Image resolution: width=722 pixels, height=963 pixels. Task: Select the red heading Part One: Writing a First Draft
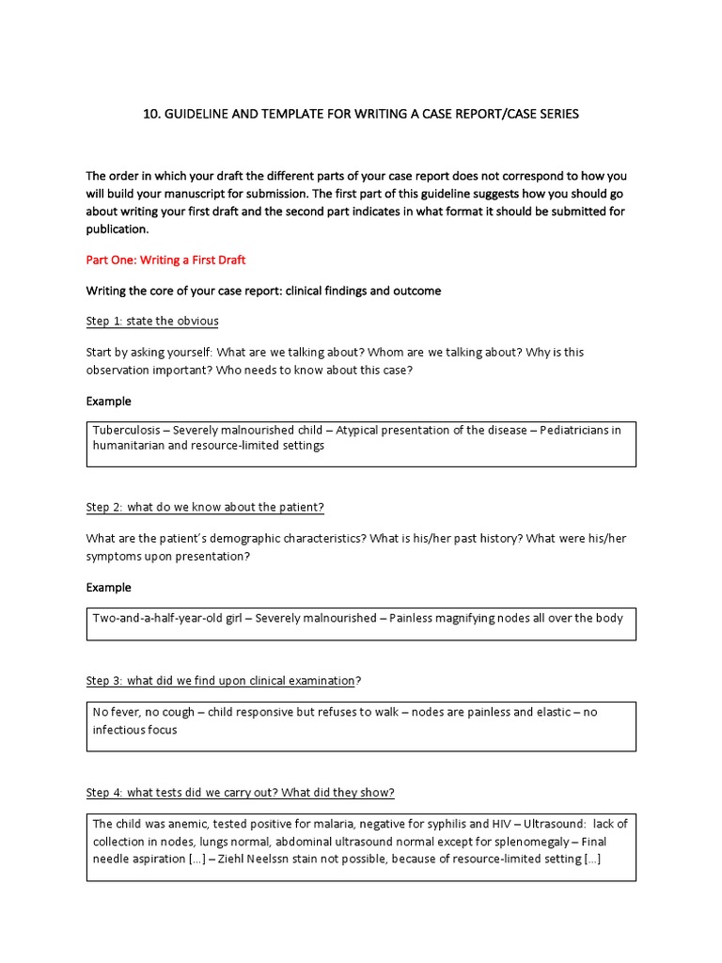(x=165, y=260)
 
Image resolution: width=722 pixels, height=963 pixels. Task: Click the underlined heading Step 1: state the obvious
(x=152, y=321)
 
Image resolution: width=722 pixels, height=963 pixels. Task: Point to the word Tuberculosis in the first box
(x=126, y=431)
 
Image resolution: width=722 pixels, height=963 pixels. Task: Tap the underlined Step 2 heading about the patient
(x=205, y=507)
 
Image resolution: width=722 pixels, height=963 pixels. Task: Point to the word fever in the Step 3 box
(x=127, y=712)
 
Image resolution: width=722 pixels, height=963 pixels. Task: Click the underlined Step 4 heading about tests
(x=241, y=792)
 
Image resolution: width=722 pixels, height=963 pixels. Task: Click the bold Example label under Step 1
(x=109, y=401)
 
